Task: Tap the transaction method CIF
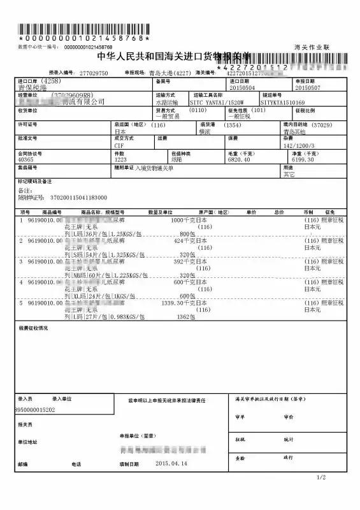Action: [x=119, y=145]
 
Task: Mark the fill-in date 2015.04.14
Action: [x=173, y=463]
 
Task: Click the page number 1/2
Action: [x=321, y=495]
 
